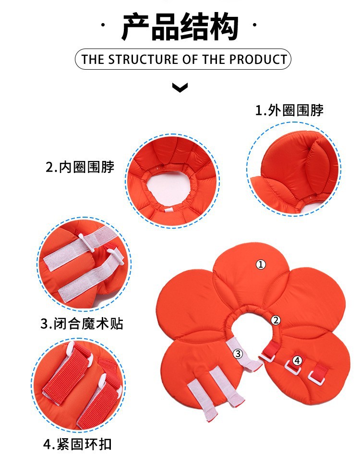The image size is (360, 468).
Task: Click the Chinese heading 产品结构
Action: coord(180,27)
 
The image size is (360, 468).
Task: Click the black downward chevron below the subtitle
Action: coord(180,87)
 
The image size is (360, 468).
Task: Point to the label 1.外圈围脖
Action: coord(289,111)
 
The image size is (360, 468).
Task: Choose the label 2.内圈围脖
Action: coord(80,167)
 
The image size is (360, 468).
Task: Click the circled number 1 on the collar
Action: coord(261,264)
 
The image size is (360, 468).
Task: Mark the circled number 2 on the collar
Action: coord(276,320)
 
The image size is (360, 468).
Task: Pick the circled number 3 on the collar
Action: coord(238,354)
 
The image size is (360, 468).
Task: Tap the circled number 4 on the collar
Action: coord(297,360)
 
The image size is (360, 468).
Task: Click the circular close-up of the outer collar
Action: coord(293,168)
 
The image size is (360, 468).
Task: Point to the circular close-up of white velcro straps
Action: coord(84,265)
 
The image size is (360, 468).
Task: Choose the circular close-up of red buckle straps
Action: coord(79,384)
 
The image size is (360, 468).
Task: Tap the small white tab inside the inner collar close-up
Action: coord(171,210)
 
